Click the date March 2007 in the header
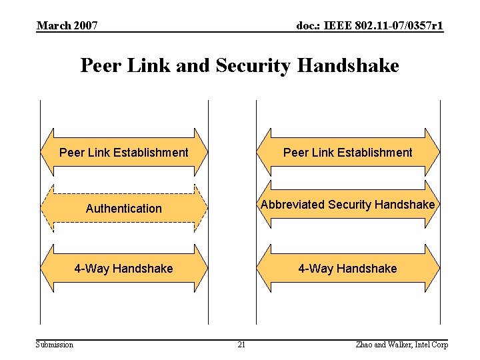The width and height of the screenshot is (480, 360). point(67,26)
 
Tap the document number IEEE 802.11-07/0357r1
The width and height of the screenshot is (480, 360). point(369,26)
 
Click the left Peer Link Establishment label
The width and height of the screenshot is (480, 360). point(124,153)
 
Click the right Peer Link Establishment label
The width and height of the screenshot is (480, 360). point(347,153)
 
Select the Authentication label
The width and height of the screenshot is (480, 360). point(124,209)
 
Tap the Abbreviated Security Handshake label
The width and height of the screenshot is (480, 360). point(347,205)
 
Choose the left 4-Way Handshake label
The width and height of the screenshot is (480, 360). point(123,269)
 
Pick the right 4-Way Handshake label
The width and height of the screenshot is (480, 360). point(347,269)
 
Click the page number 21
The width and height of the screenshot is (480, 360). point(241,345)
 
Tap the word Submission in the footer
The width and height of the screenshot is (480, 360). point(55,345)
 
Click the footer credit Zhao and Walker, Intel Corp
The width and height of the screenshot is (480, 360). point(402,345)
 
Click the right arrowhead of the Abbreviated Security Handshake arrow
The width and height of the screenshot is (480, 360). point(433,205)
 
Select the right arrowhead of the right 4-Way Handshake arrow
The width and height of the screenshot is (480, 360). point(433,269)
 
